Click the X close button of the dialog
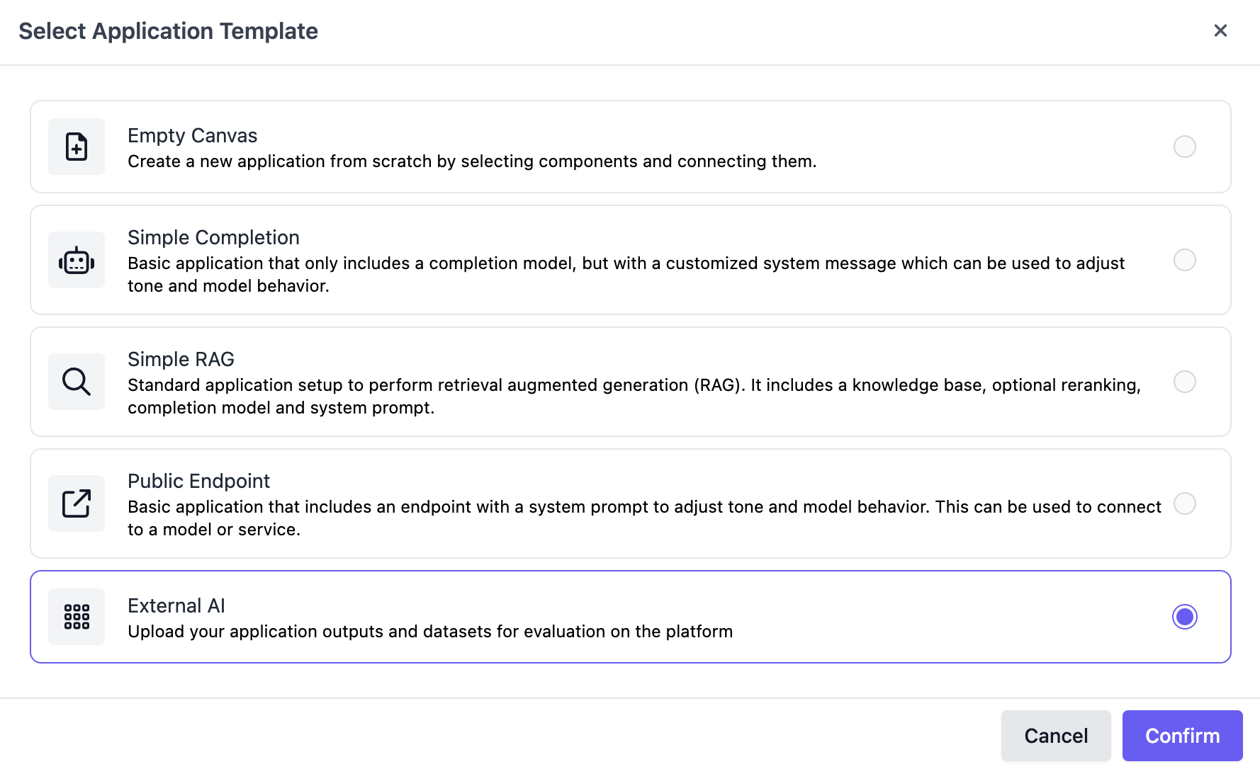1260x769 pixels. pyautogui.click(x=1220, y=30)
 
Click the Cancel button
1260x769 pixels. pyautogui.click(x=1056, y=736)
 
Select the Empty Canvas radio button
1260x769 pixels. pyautogui.click(x=1185, y=147)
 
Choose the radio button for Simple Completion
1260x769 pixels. pyautogui.click(x=1185, y=260)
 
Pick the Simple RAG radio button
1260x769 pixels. pyautogui.click(x=1185, y=382)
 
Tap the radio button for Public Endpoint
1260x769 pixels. pyautogui.click(x=1185, y=503)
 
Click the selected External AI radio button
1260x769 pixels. pyautogui.click(x=1185, y=617)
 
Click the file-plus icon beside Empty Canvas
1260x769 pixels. pyautogui.click(x=77, y=147)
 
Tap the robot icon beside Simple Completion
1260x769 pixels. pyautogui.click(x=77, y=261)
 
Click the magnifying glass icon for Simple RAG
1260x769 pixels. pyautogui.click(x=77, y=382)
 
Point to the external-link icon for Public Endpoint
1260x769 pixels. pyautogui.click(x=77, y=503)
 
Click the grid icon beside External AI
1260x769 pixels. pyautogui.click(x=77, y=617)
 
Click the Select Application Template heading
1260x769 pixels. pyautogui.click(x=168, y=31)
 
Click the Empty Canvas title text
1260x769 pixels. pyautogui.click(x=192, y=135)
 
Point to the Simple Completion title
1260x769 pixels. pyautogui.click(x=213, y=237)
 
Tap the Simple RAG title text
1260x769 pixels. pyautogui.click(x=181, y=359)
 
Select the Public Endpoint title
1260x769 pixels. pyautogui.click(x=198, y=481)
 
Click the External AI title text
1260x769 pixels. pyautogui.click(x=176, y=605)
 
